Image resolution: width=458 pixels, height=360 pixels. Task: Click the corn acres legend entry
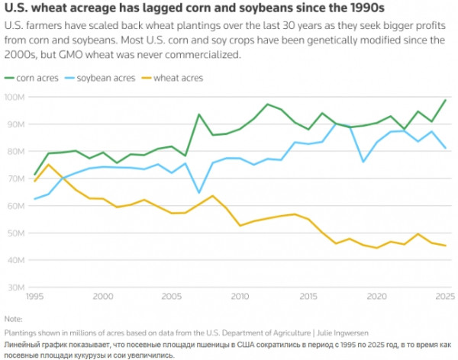[31, 79]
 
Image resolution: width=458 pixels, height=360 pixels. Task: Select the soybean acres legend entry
[100, 79]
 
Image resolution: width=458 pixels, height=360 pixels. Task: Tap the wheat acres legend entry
[172, 79]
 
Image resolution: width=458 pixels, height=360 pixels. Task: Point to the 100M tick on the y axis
[15, 97]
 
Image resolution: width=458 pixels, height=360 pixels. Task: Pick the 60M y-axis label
[15, 206]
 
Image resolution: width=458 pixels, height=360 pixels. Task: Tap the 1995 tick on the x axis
[35, 297]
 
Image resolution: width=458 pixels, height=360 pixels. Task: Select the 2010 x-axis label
[240, 297]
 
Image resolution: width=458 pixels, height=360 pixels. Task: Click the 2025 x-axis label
[445, 297]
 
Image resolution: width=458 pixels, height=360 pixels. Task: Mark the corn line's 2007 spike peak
[199, 114]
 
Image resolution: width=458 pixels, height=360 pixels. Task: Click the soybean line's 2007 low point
[199, 193]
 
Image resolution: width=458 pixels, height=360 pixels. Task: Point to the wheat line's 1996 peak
[49, 165]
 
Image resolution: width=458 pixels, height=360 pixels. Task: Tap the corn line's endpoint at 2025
[446, 100]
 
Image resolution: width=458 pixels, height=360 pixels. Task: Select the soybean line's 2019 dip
[363, 162]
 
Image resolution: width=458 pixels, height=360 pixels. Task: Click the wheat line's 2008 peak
[213, 195]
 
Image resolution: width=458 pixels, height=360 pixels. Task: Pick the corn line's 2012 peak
[267, 104]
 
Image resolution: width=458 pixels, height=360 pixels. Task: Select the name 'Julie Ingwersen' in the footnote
[343, 333]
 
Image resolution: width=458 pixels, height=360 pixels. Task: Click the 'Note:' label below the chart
[14, 319]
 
